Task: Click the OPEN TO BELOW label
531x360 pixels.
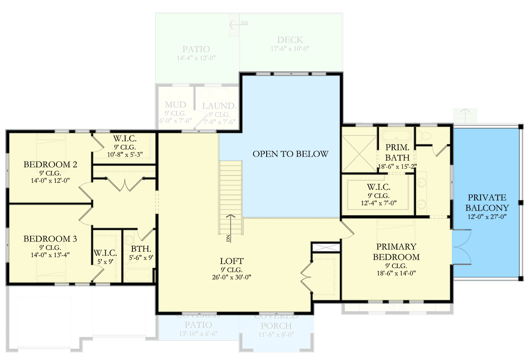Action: [290, 154]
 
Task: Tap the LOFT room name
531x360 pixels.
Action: [232, 261]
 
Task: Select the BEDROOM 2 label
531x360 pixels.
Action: [50, 164]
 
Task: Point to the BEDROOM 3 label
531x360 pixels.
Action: [50, 238]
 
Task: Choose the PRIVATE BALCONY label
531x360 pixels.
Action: [487, 202]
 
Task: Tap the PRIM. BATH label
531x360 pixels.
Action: [397, 153]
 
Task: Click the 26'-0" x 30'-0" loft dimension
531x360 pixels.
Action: [232, 277]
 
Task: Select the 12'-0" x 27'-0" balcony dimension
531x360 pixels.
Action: [487, 216]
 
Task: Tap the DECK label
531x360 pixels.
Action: [290, 40]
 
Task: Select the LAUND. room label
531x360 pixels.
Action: [219, 106]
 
